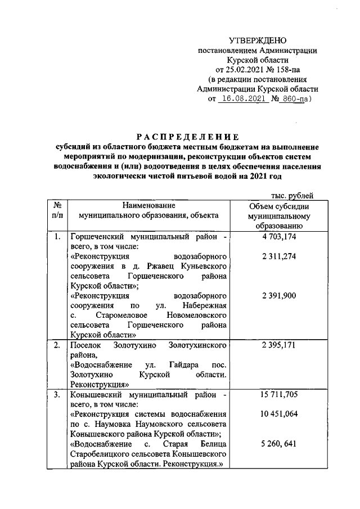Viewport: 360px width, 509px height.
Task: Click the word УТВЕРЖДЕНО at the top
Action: coord(258,40)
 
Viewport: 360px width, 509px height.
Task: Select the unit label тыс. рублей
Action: coord(291,195)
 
